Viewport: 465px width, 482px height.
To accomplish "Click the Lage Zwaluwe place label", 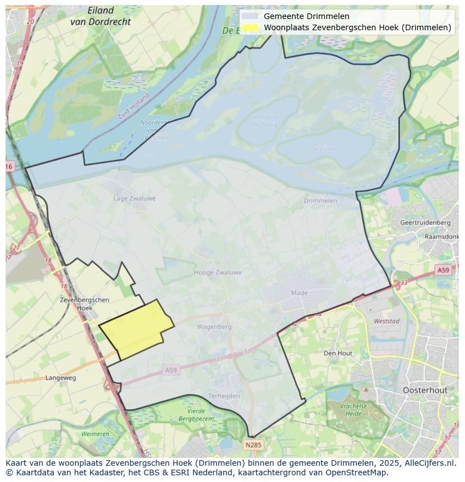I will click(x=134, y=198).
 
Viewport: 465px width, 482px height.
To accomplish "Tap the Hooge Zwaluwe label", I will click(x=217, y=273).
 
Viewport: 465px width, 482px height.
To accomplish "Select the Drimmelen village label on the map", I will click(x=320, y=200).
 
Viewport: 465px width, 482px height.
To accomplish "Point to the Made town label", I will click(x=300, y=293).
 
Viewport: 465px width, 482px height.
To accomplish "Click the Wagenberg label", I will click(x=214, y=326).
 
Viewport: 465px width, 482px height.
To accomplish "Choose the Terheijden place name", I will click(x=224, y=396).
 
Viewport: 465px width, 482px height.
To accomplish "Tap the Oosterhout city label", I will click(x=425, y=390).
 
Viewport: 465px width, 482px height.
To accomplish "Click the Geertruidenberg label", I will click(x=425, y=222).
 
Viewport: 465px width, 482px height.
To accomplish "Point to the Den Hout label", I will click(x=338, y=353).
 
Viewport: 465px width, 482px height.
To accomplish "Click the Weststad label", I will click(x=387, y=321).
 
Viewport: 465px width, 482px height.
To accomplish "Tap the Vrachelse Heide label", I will click(x=353, y=409).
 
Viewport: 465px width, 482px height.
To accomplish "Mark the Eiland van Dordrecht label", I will click(x=101, y=16).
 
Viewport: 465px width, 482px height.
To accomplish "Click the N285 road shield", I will click(x=253, y=445).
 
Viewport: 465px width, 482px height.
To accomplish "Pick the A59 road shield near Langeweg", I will click(x=171, y=370).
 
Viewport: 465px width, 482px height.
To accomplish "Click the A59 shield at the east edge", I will click(x=443, y=270).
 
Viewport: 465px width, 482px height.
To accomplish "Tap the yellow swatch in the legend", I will click(x=250, y=27).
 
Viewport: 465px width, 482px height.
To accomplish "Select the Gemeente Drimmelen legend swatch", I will click(x=250, y=16).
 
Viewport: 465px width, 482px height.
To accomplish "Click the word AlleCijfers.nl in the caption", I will click(x=428, y=463).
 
